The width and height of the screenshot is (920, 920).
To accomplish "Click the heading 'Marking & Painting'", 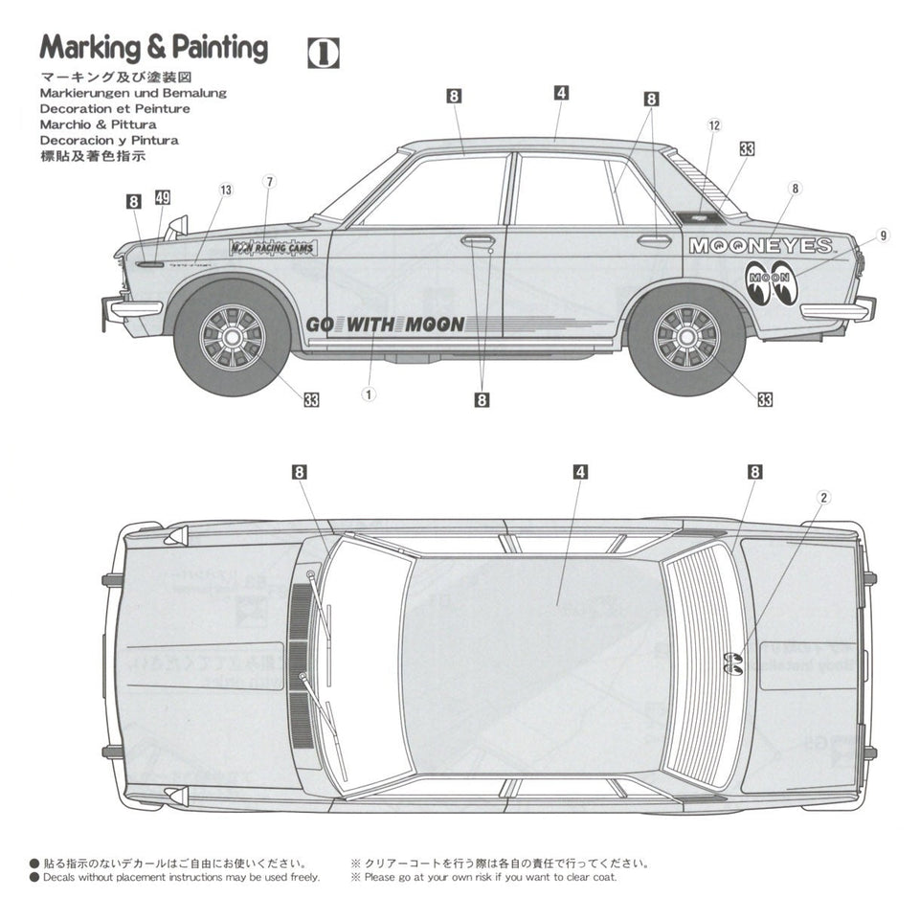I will click(153, 48).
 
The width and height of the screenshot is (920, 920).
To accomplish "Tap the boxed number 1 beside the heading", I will click(324, 54).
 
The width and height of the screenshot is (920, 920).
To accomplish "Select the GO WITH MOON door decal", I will click(385, 324).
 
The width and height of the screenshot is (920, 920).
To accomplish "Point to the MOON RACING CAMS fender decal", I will click(273, 247).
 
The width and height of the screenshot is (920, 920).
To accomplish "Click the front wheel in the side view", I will click(231, 337).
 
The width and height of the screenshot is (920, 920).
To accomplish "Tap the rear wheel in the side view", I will click(685, 336).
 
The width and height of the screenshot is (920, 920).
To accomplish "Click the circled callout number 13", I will click(225, 190).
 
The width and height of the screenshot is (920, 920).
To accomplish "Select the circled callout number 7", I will click(270, 181).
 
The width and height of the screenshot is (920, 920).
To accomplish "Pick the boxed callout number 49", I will click(162, 198).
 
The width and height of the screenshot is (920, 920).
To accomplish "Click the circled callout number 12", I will click(714, 125).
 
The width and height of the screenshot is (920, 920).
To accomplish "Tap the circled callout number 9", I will click(883, 235).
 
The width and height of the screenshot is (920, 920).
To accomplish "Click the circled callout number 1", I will click(370, 393).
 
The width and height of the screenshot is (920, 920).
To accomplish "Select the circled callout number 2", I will click(823, 496).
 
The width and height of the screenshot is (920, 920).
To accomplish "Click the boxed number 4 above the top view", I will click(580, 472).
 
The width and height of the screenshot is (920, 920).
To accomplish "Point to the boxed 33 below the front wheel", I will click(311, 400).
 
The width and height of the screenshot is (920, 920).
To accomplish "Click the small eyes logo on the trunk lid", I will click(733, 661).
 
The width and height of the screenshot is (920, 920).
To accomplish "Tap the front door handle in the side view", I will click(477, 240).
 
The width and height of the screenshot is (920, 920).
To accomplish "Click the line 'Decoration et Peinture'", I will click(115, 108).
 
